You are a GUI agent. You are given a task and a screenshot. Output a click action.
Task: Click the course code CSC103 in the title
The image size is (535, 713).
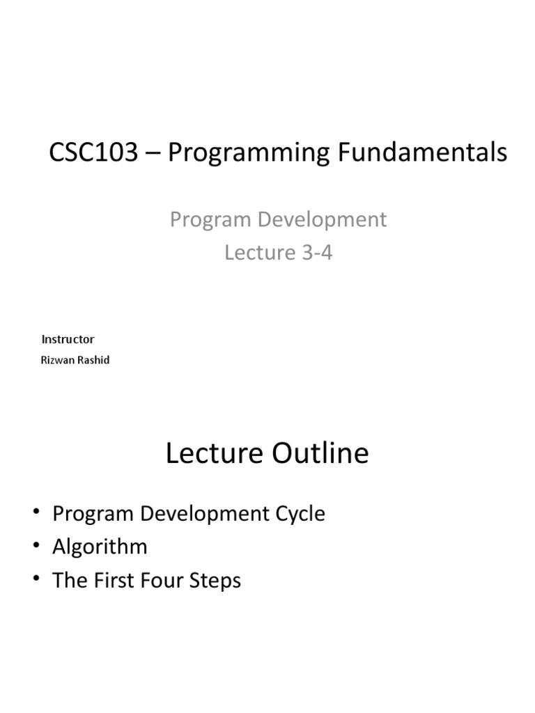(93, 153)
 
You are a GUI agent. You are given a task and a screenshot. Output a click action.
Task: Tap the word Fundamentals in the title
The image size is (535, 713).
(426, 153)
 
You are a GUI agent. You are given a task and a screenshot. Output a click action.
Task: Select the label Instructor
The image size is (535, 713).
(68, 339)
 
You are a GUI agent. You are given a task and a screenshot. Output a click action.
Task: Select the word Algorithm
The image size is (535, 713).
(100, 547)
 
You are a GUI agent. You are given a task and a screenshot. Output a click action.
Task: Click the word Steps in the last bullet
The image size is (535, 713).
(217, 581)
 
